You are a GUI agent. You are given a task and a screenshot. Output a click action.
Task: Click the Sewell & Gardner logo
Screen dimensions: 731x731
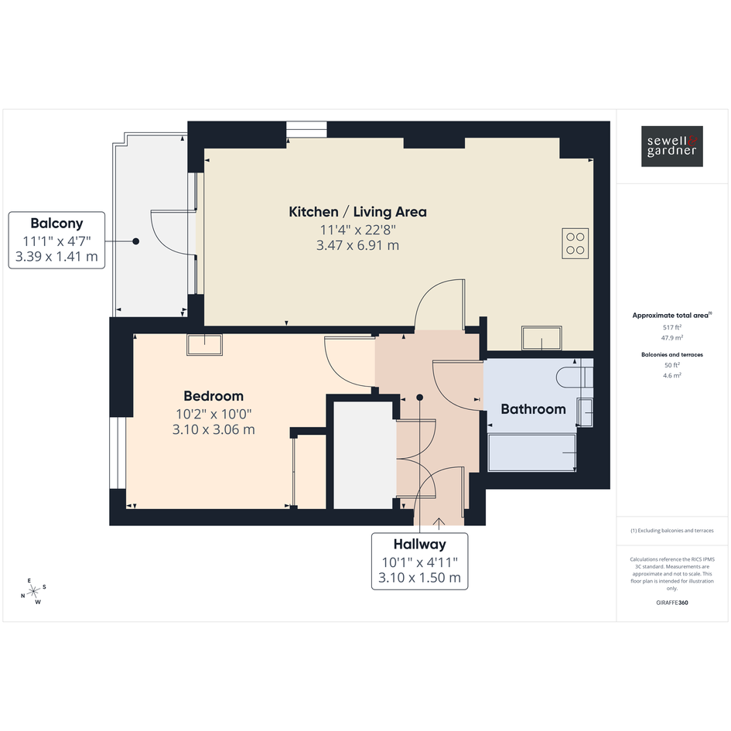(x=671, y=146)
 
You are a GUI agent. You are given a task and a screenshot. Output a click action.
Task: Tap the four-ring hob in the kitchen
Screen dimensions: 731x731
(x=575, y=243)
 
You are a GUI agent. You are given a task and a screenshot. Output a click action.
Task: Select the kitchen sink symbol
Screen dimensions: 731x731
(x=541, y=337)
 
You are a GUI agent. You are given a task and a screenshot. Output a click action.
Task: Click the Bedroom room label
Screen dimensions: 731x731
(x=213, y=396)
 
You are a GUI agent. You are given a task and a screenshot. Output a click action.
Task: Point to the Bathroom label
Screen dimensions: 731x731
(x=533, y=409)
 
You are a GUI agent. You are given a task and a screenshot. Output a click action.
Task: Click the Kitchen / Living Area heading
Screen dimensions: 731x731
(x=357, y=212)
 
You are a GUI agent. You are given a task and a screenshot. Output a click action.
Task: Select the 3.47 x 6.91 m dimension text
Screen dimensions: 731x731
(x=357, y=245)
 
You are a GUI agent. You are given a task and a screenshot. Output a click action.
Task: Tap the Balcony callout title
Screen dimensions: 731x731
(x=57, y=224)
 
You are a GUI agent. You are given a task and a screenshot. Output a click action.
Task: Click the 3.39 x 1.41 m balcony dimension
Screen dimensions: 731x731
(x=57, y=256)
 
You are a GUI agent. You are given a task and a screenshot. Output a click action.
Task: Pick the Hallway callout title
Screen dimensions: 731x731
(x=419, y=544)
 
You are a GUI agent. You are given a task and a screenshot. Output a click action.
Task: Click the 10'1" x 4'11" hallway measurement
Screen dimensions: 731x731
(x=419, y=562)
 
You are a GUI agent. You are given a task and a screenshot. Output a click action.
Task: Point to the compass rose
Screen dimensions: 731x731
(x=33, y=592)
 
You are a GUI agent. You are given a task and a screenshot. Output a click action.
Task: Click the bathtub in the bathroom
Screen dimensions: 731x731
(x=532, y=453)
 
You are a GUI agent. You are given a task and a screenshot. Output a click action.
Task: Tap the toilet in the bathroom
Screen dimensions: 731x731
(x=574, y=377)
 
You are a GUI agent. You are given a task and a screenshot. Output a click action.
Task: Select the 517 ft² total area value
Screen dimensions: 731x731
(x=671, y=327)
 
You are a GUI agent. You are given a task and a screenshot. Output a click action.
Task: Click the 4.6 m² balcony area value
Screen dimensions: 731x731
(x=671, y=375)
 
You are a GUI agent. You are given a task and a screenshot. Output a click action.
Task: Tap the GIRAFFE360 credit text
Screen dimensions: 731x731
(x=671, y=603)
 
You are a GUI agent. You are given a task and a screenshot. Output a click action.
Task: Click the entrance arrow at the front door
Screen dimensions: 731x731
(x=439, y=523)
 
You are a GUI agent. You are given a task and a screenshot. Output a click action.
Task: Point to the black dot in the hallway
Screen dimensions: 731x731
(x=419, y=398)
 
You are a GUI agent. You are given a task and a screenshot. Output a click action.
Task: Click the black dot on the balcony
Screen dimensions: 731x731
(x=135, y=241)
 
